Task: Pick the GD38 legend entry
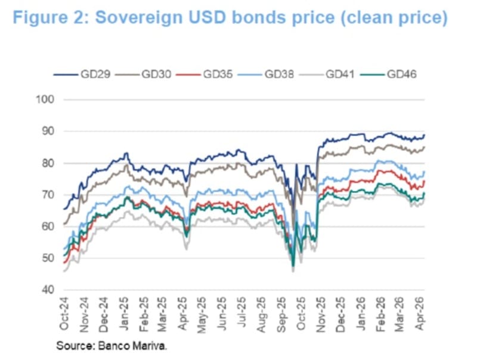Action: [x=277, y=75]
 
